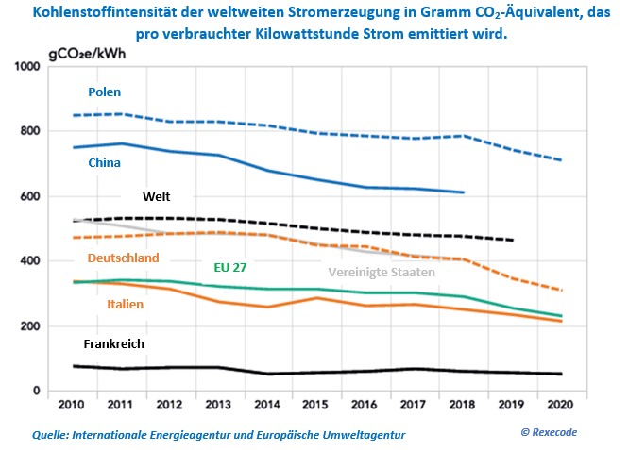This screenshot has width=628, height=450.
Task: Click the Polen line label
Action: click(105, 92)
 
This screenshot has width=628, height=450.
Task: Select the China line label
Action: click(105, 163)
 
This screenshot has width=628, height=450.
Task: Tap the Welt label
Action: click(157, 197)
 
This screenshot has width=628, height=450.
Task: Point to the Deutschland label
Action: click(124, 258)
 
